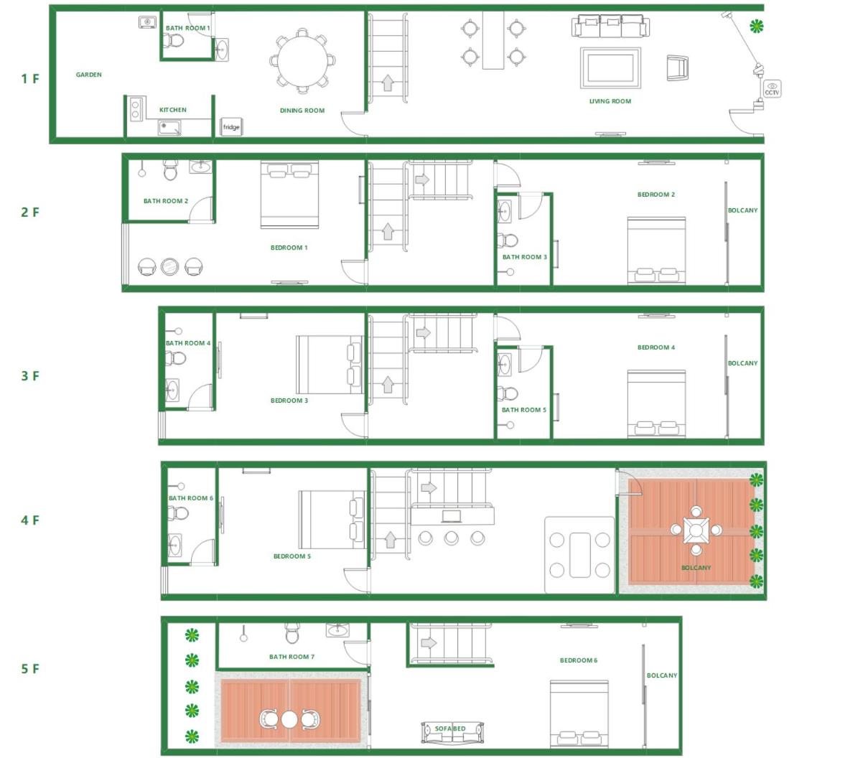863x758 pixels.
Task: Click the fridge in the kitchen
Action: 231,126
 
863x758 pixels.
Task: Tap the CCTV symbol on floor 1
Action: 771,89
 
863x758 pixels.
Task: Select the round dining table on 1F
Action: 302,60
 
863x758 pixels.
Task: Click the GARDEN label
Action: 88,75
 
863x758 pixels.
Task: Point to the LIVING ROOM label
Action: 610,101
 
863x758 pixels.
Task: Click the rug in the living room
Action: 610,67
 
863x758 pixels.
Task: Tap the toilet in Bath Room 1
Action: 174,41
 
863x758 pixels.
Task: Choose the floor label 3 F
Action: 30,375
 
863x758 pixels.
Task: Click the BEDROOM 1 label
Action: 289,248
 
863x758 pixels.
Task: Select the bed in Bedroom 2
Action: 656,251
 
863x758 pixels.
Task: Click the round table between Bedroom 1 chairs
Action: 169,266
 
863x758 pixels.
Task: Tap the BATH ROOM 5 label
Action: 523,410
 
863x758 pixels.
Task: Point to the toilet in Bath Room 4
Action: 175,358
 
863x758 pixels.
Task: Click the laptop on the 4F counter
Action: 451,515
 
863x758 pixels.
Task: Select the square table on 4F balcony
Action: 696,530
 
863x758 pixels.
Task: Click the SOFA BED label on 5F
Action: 450,729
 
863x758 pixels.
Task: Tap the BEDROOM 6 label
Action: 579,660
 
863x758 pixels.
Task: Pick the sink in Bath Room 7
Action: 337,630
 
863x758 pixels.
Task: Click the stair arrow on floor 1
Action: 388,83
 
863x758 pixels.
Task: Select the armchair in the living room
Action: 677,68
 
